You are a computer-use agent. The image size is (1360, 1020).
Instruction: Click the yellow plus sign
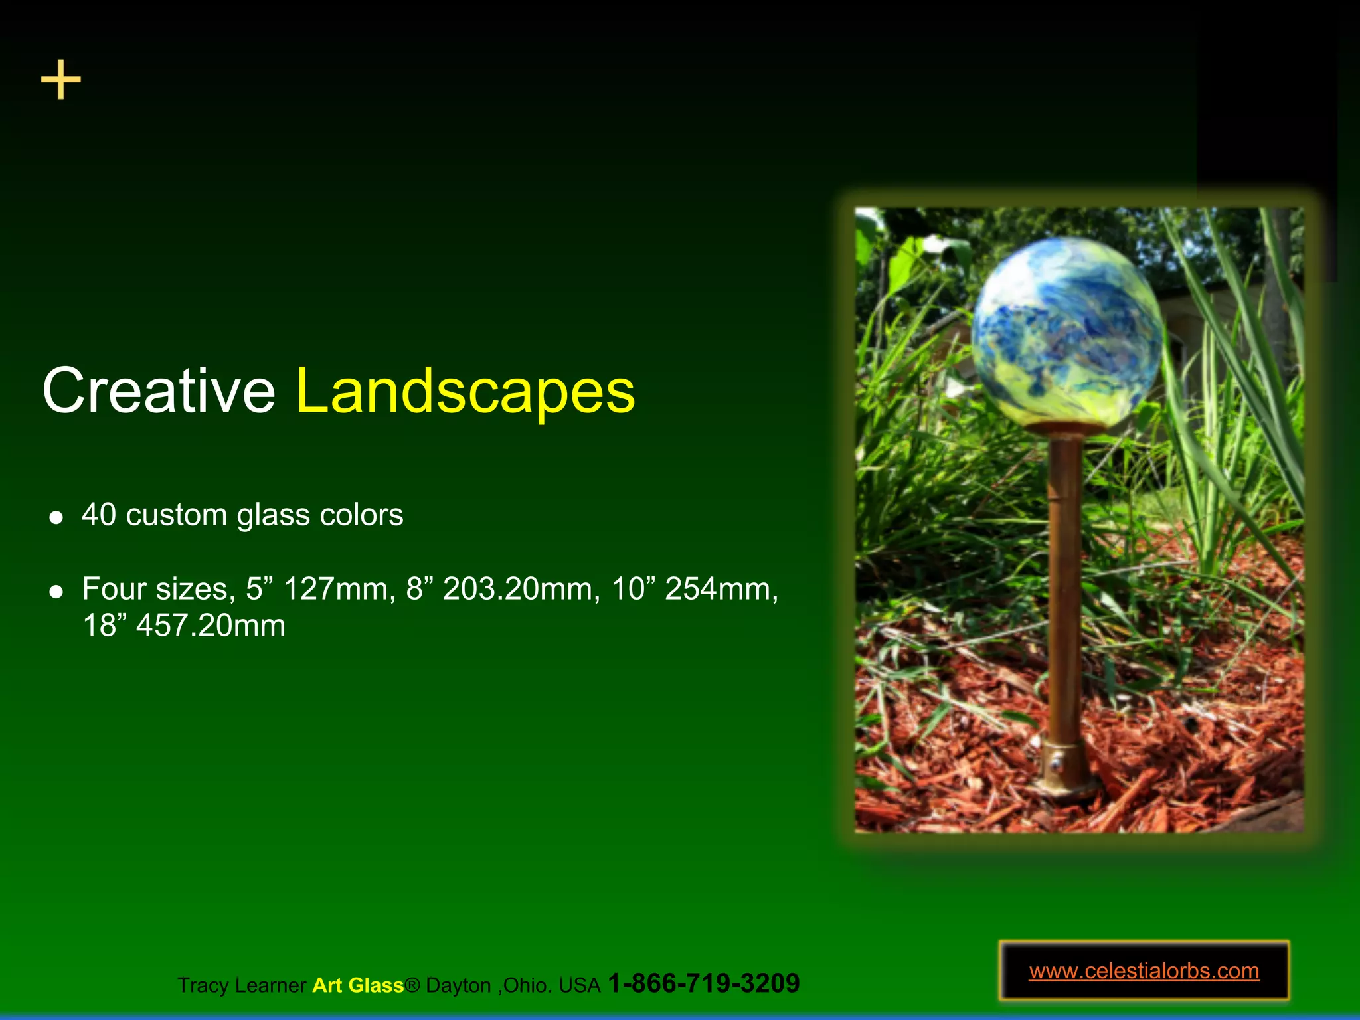point(60,80)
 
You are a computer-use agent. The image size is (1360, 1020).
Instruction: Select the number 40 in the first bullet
point(99,515)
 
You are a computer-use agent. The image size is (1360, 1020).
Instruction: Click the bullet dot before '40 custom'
point(56,517)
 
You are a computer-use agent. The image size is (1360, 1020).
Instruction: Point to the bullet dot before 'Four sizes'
point(56,591)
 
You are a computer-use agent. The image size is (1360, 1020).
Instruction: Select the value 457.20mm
point(211,626)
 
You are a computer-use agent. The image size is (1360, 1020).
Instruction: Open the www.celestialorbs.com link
point(1144,971)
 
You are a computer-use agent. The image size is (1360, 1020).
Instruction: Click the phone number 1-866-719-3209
point(703,983)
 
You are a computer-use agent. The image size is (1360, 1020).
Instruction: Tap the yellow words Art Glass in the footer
point(358,985)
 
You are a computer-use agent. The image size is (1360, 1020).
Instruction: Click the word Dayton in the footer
point(458,985)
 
